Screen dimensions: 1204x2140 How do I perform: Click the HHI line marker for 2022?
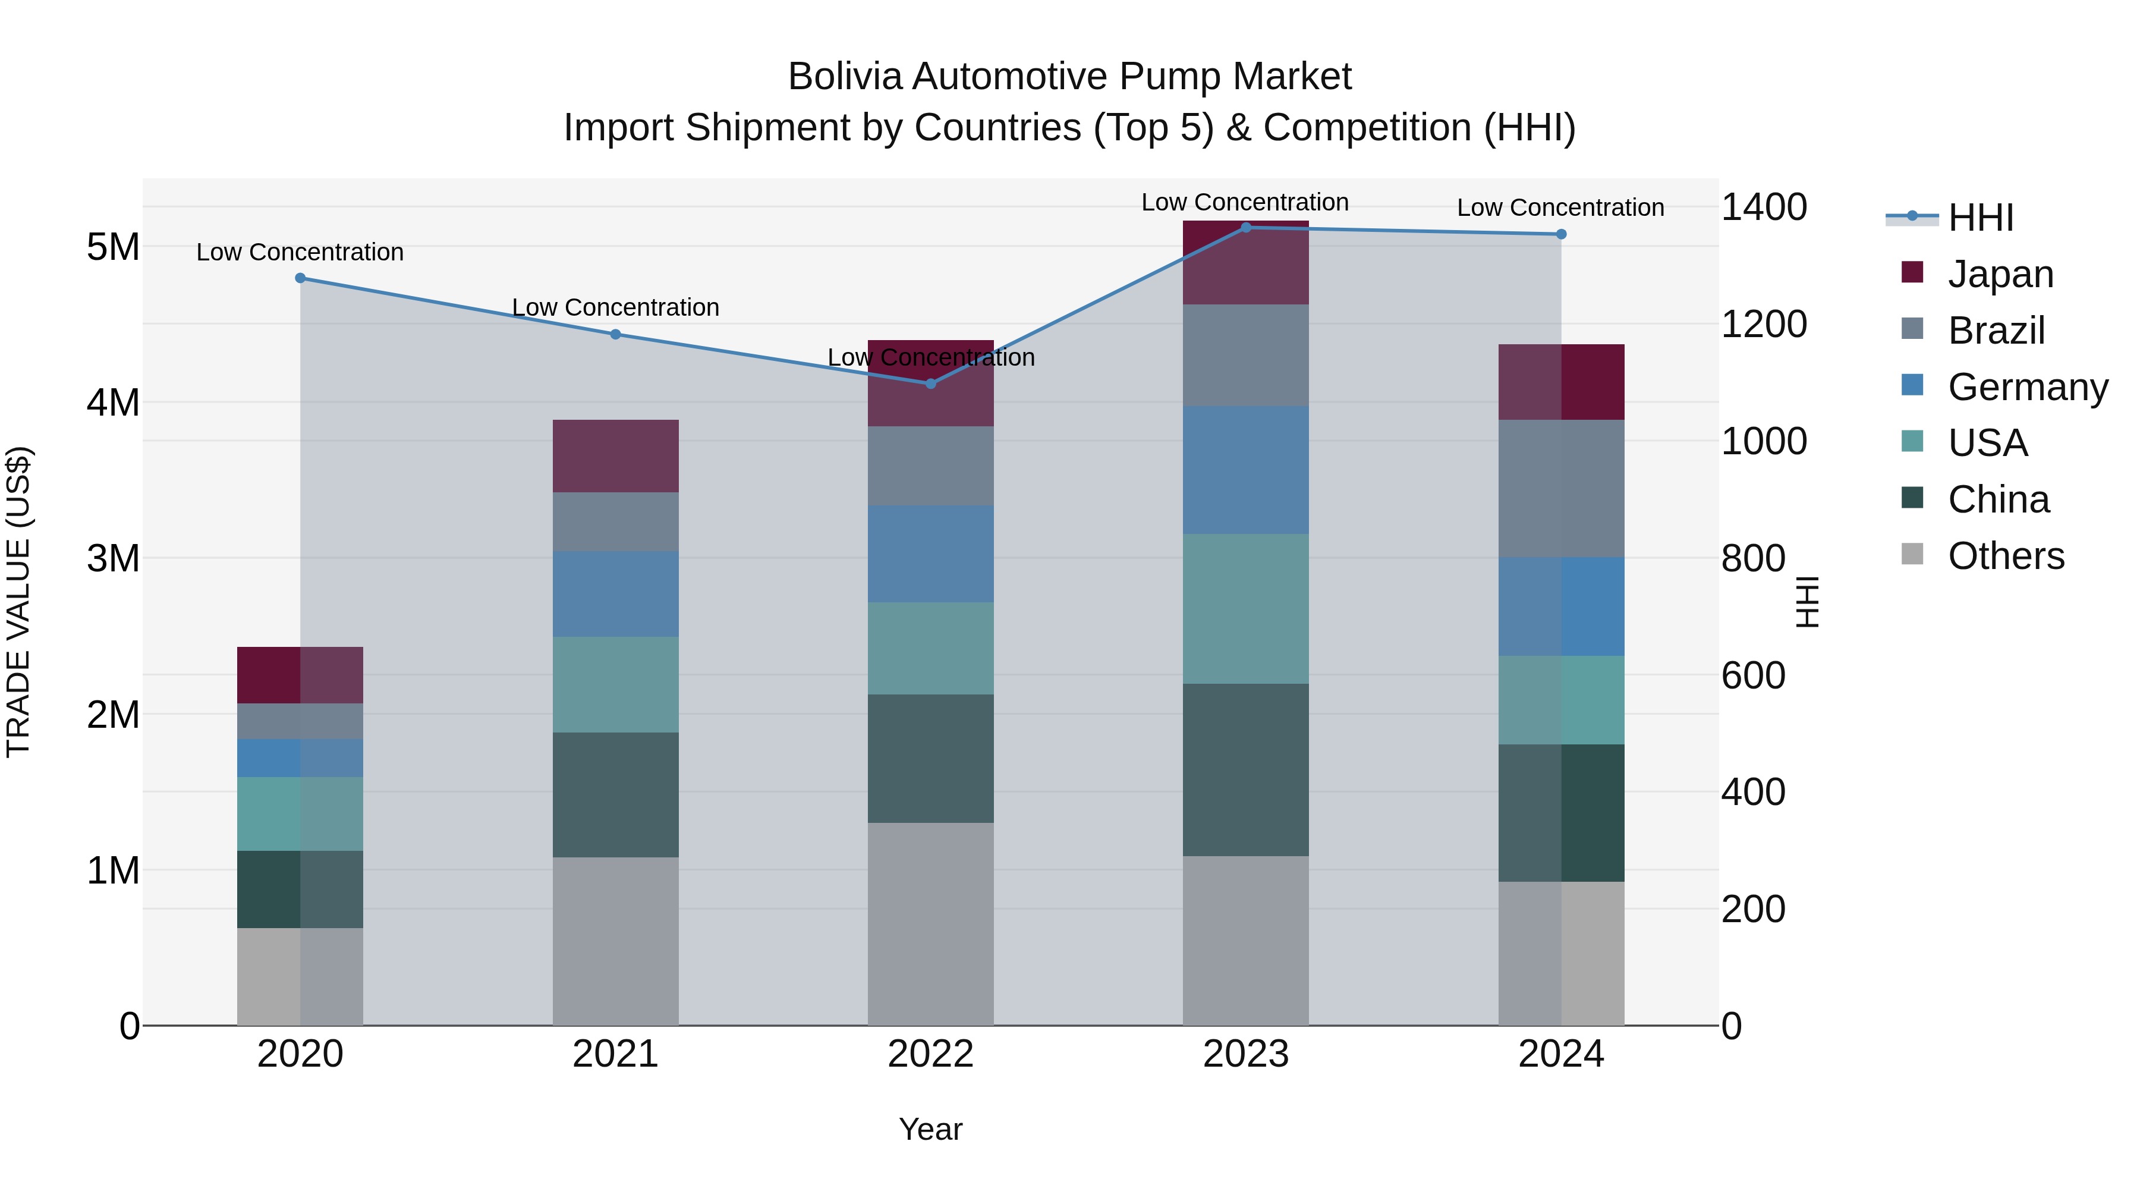[930, 383]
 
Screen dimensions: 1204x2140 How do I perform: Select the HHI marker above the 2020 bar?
[301, 278]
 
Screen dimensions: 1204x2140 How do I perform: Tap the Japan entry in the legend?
[2000, 274]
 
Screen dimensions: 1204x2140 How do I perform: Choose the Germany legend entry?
[2026, 387]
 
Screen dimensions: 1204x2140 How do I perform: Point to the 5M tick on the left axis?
[113, 247]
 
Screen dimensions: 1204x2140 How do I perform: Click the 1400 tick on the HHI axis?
[1763, 207]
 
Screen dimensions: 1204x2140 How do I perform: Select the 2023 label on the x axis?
[1245, 1054]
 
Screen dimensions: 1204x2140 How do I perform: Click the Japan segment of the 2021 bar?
[616, 455]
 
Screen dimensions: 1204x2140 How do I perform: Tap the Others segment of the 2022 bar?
[930, 924]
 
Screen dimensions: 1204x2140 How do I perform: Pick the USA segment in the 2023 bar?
[1245, 609]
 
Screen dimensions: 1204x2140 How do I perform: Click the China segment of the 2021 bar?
[616, 794]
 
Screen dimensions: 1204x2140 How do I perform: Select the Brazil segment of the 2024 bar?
[1561, 489]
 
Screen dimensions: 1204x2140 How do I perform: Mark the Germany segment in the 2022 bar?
[930, 554]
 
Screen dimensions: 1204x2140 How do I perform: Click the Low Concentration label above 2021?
[616, 307]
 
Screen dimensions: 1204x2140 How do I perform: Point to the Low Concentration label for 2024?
[1560, 208]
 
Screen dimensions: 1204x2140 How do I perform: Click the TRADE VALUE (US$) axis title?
[18, 602]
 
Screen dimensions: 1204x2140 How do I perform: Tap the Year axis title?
[930, 1129]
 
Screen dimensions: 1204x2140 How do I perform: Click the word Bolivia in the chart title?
[846, 77]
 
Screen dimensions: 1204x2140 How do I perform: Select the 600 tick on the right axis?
[1753, 675]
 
